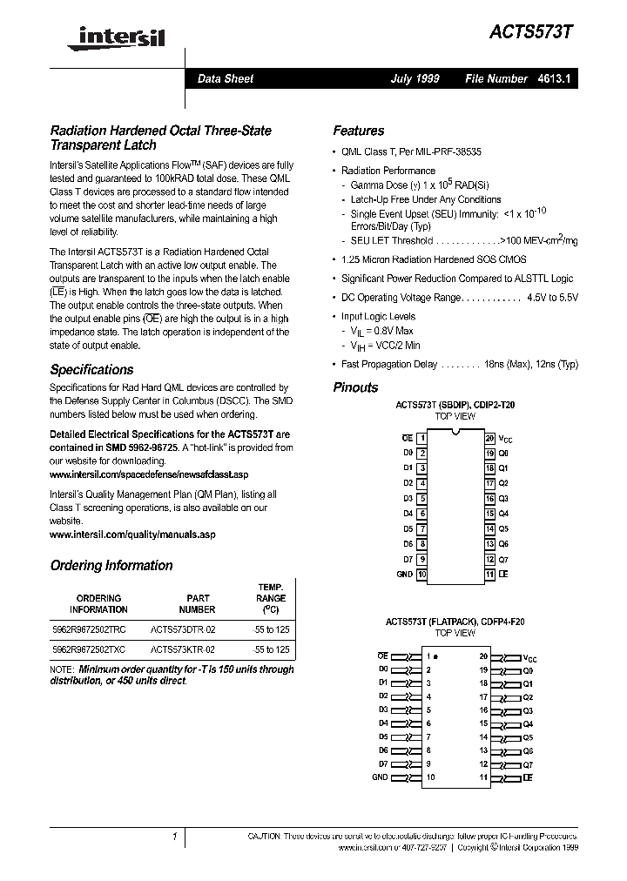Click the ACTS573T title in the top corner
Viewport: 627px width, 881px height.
tap(535, 29)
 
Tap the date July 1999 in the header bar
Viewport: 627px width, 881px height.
tap(415, 78)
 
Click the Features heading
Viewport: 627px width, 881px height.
tap(358, 131)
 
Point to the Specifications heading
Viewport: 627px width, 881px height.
tap(91, 369)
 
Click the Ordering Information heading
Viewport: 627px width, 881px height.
tap(111, 565)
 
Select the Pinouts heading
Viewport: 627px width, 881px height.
tap(355, 387)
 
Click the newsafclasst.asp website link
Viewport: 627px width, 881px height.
tap(149, 474)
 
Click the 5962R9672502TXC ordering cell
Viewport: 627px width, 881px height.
tap(89, 649)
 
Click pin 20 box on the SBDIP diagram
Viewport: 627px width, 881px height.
tap(489, 438)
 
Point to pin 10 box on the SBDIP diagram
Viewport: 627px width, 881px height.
tap(421, 575)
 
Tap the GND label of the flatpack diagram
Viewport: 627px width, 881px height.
tap(380, 777)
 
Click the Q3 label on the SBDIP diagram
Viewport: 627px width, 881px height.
tap(502, 498)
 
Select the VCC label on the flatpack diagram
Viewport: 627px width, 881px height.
tap(529, 657)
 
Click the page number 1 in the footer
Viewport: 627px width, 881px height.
tap(175, 837)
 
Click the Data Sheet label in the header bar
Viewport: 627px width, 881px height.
tap(225, 78)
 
